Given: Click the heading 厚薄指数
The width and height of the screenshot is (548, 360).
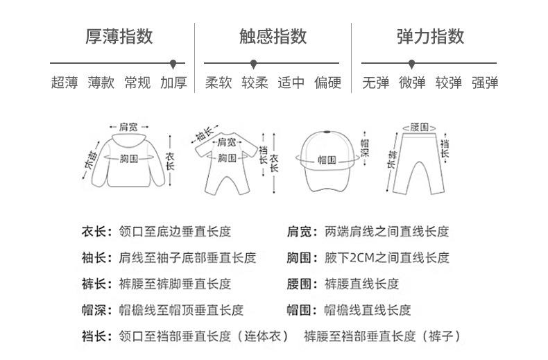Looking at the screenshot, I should (x=119, y=36).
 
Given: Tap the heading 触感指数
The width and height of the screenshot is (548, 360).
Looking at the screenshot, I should (x=273, y=36).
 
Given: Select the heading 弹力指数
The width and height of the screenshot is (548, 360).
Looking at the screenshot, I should (x=430, y=36).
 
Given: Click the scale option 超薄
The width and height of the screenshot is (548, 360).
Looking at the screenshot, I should (x=64, y=83).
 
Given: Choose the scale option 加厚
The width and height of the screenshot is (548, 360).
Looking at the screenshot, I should (x=173, y=83).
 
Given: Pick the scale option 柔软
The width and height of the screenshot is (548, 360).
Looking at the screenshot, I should (x=218, y=83).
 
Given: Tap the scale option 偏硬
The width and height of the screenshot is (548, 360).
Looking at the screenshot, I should (x=327, y=83).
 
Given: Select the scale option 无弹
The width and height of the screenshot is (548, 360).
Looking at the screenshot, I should (x=375, y=83).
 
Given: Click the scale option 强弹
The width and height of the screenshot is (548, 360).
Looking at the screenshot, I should (x=485, y=83).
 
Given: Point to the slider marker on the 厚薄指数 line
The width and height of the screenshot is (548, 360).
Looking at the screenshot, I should (x=173, y=64).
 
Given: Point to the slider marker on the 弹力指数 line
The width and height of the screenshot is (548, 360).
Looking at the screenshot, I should (x=412, y=64).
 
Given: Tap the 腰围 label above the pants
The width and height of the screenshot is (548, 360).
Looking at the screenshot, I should (x=419, y=127).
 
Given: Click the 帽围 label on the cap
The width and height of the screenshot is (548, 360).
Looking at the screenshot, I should (x=327, y=159).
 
